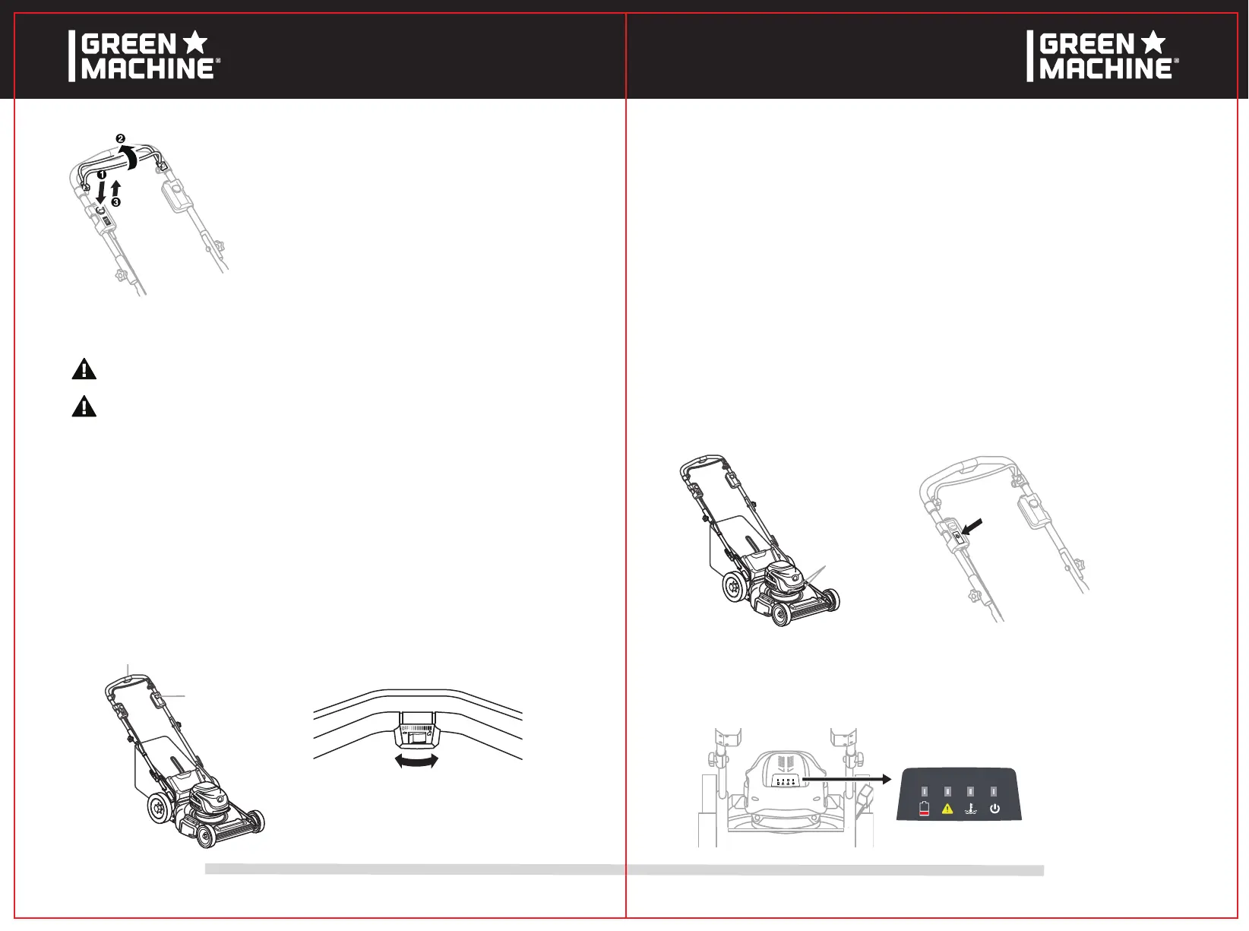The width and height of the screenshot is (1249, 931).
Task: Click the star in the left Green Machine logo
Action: (x=195, y=43)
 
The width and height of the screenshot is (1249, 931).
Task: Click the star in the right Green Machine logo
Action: (x=1153, y=43)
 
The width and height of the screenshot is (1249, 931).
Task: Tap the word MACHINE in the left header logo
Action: (x=147, y=69)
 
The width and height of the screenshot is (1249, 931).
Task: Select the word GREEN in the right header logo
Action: (x=1086, y=44)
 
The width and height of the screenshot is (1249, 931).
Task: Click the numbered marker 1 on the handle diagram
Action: (x=101, y=174)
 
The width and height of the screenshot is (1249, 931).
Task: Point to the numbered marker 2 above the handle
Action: (x=120, y=138)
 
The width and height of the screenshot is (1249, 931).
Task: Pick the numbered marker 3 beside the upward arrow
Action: (x=115, y=202)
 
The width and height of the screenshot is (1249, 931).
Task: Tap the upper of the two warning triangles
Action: (x=84, y=369)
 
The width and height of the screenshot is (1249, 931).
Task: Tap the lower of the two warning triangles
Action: (x=84, y=407)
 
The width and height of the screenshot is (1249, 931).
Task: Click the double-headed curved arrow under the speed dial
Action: (x=417, y=761)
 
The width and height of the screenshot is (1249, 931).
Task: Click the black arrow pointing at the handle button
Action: (x=972, y=527)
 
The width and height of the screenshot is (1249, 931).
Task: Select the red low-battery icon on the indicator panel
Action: (x=924, y=809)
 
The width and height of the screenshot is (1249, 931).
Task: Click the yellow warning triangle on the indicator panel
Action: (x=947, y=809)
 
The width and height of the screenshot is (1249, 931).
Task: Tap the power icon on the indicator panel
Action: (x=994, y=809)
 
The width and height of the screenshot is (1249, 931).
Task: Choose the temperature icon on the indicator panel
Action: (x=971, y=809)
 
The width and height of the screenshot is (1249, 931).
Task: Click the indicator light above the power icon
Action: (x=994, y=791)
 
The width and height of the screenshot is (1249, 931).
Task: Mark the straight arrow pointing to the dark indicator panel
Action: (x=847, y=779)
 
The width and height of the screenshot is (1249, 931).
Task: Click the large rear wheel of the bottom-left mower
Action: (x=160, y=811)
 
